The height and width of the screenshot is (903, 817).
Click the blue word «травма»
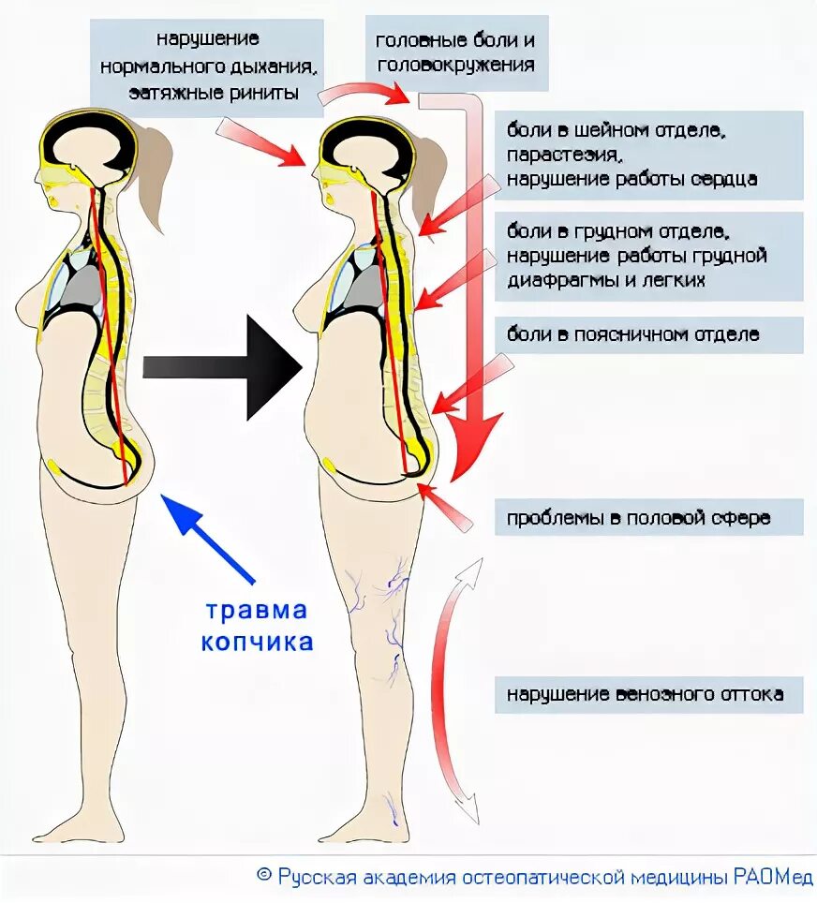click(257, 611)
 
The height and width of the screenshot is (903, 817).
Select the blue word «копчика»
click(257, 643)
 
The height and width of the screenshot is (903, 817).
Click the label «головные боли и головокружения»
click(454, 53)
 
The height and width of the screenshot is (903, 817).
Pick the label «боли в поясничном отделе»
click(633, 334)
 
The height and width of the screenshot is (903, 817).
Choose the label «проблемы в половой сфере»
click(638, 518)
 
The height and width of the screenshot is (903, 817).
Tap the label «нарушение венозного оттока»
click(646, 695)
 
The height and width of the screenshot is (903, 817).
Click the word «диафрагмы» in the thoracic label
click(557, 279)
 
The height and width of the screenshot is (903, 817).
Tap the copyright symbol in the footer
click(263, 877)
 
